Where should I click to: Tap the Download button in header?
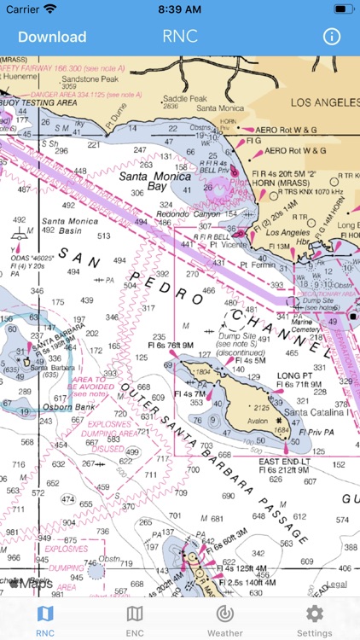52,37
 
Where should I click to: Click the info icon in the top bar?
331,37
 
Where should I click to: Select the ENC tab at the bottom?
135,619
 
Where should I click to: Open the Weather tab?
224,619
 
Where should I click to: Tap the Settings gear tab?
314,619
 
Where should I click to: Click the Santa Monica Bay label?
143,181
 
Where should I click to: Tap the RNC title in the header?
180,37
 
